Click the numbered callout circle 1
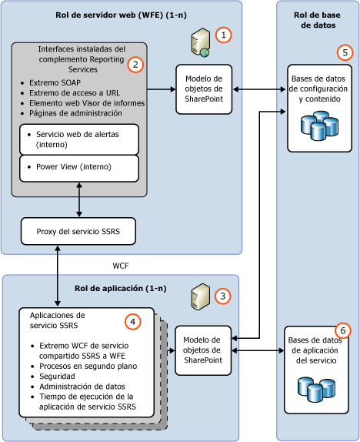click(223, 35)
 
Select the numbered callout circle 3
click(222, 295)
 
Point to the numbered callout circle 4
click(133, 321)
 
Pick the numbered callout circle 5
click(345, 53)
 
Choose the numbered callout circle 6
click(343, 330)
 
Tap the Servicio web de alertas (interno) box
click(79, 139)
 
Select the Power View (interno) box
click(79, 167)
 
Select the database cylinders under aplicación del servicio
click(317, 388)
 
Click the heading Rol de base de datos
click(317, 22)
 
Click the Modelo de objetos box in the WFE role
click(204, 89)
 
